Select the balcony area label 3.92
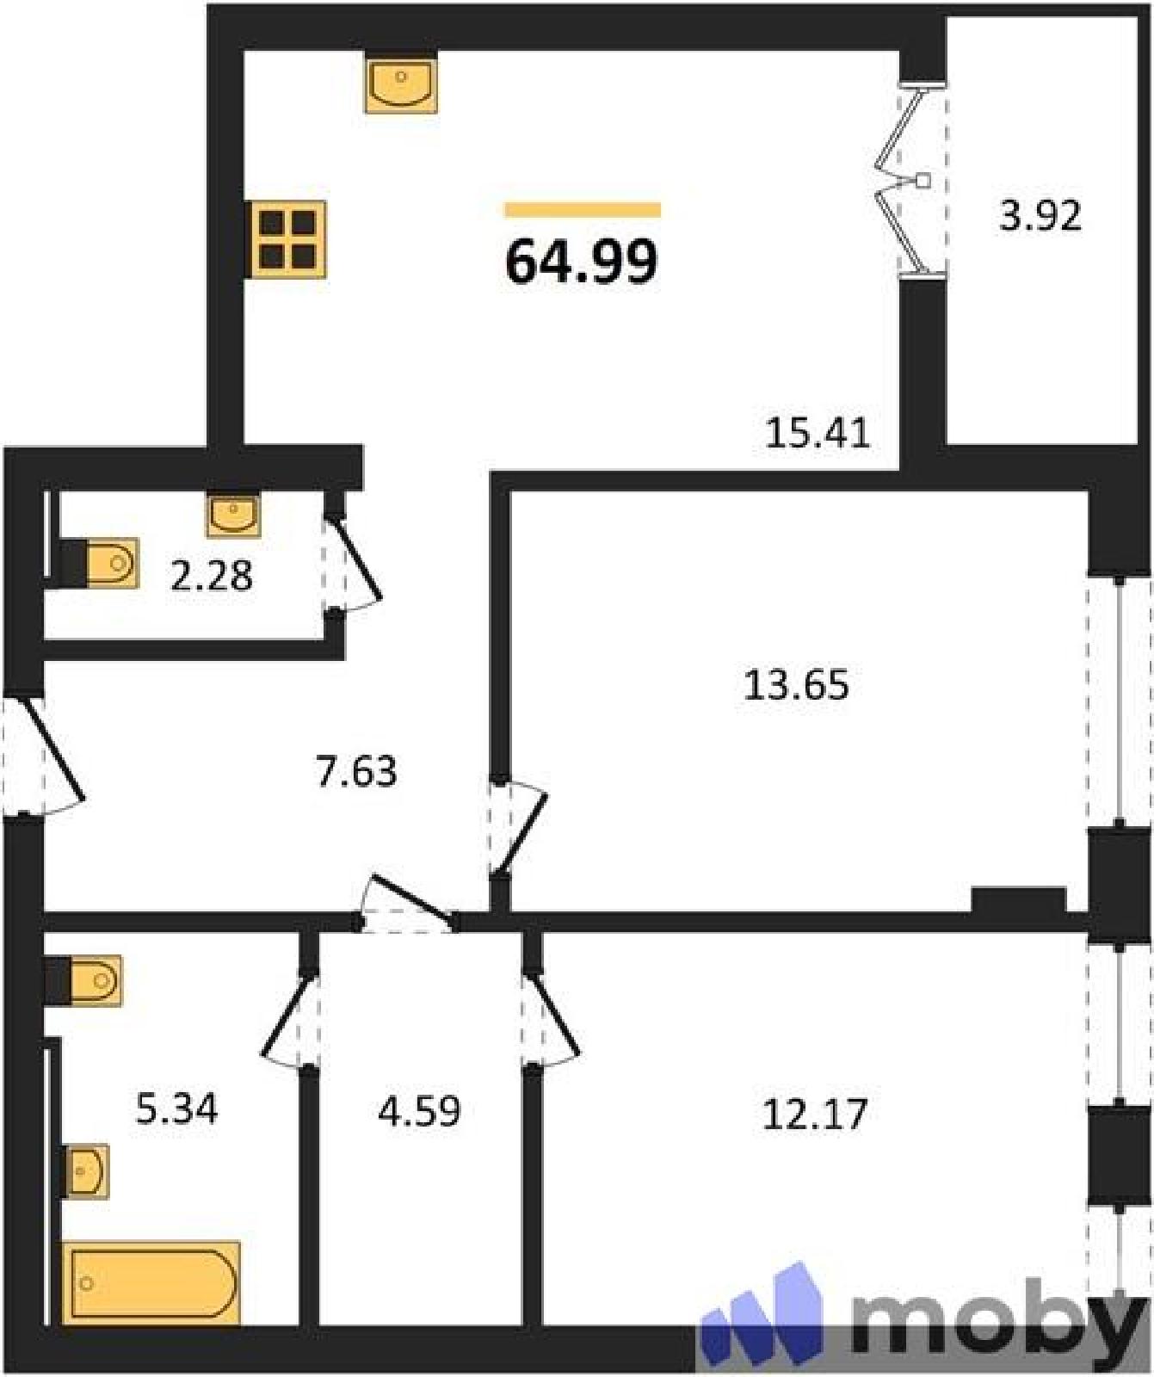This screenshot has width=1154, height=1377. (1040, 215)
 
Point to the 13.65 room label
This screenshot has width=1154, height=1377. (796, 685)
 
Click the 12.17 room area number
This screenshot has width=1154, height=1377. (815, 1114)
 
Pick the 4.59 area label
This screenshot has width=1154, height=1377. (419, 1110)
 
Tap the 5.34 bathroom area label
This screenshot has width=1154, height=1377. (177, 1108)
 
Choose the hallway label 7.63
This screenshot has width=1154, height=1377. (356, 771)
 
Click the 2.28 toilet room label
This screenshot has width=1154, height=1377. (211, 576)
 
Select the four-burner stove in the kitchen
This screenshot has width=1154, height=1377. (287, 239)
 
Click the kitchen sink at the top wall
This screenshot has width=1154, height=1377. (401, 83)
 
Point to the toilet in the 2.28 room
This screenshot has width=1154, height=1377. (100, 564)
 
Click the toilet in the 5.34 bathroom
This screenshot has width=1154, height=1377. (83, 980)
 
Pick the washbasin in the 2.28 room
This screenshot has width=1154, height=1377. (233, 514)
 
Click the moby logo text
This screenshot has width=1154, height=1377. (998, 1318)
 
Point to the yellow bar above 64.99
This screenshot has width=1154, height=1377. (583, 210)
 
